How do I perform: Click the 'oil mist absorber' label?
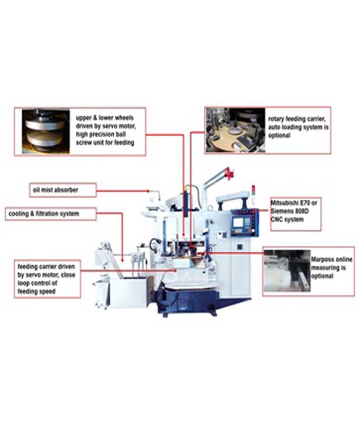pyautogui.click(x=56, y=190)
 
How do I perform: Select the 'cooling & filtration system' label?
pyautogui.click(x=44, y=214)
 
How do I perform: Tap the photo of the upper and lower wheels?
pyautogui.click(x=46, y=131)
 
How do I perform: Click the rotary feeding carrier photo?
pyautogui.click(x=236, y=130)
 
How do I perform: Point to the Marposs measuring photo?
pyautogui.click(x=287, y=270)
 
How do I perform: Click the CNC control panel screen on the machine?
pyautogui.click(x=239, y=223)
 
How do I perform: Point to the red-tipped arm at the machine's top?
pyautogui.click(x=230, y=173)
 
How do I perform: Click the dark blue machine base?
pyautogui.click(x=190, y=301)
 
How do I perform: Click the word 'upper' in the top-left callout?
pyautogui.click(x=83, y=118)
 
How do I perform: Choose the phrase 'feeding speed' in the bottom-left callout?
pyautogui.click(x=37, y=292)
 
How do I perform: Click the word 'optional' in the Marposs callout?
pyautogui.click(x=322, y=276)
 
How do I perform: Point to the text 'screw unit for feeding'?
pyautogui.click(x=105, y=142)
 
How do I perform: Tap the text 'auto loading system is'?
pyautogui.click(x=298, y=127)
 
